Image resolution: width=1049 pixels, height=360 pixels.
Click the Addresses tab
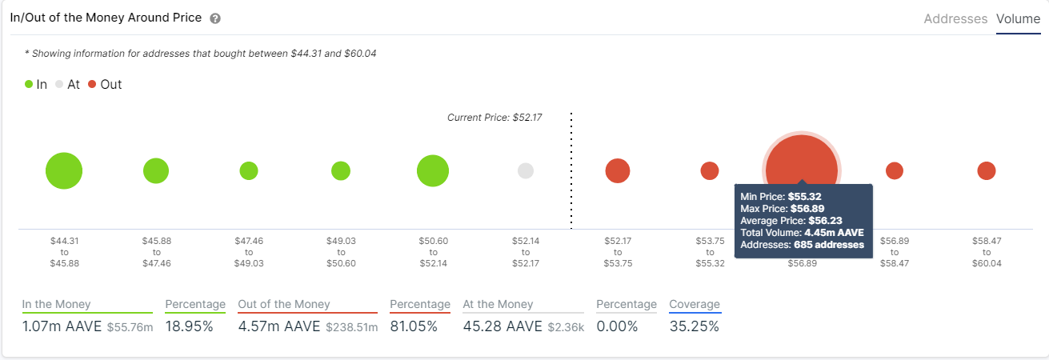955,18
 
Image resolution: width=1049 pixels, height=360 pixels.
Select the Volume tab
1018,18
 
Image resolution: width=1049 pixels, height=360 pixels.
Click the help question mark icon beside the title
215,18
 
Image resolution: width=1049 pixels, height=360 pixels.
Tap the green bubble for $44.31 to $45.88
64,170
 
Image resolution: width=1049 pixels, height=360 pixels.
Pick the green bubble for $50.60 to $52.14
433,170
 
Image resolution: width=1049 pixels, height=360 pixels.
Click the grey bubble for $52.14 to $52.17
526,170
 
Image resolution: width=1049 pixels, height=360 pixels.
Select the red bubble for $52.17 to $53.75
618,170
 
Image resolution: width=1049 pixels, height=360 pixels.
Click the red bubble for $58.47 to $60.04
987,170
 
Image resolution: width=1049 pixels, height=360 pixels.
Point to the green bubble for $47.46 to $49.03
249,170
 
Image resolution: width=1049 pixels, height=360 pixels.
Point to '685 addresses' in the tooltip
829,245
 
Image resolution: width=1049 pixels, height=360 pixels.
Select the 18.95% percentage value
190,326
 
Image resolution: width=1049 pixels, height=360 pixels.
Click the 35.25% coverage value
694,326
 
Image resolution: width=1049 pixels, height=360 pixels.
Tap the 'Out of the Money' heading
283,304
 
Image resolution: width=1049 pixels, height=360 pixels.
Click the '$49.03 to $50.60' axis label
341,252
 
